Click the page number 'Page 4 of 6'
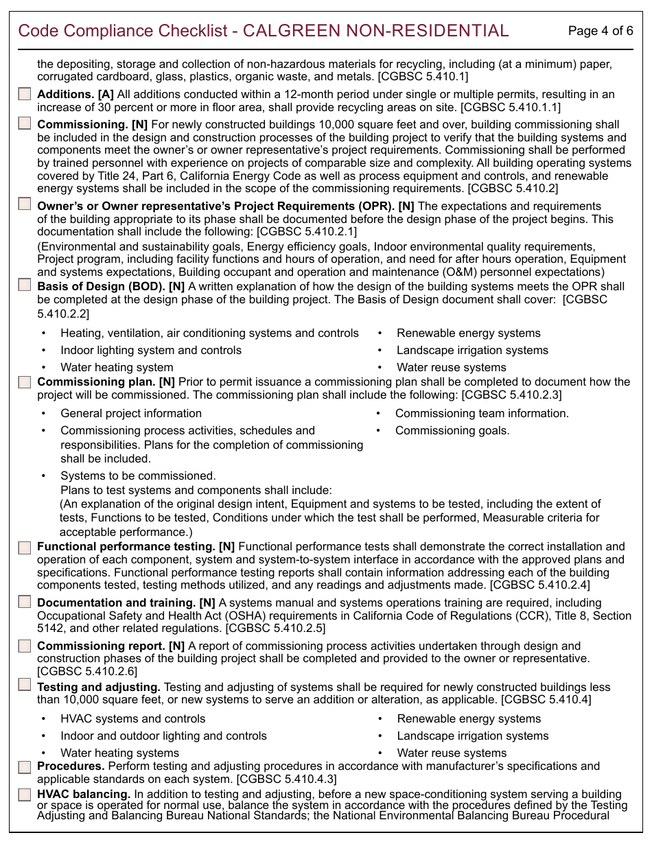click(x=601, y=31)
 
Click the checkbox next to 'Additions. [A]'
click(x=25, y=94)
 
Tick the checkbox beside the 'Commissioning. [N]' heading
click(x=25, y=124)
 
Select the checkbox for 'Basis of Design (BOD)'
click(x=25, y=285)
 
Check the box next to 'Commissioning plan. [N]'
click(x=25, y=382)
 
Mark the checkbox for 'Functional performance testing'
click(x=25, y=547)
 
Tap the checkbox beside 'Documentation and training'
click(x=25, y=602)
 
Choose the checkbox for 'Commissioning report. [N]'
click(x=25, y=646)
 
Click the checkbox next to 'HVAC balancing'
click(x=25, y=795)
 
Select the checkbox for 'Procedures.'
click(x=25, y=766)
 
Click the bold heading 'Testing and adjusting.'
click(x=99, y=688)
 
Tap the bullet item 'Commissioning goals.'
click(x=452, y=431)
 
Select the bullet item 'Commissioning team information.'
click(x=482, y=414)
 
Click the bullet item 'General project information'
click(x=131, y=414)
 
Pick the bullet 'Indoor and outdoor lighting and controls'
click(x=163, y=736)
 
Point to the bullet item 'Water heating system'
click(x=117, y=368)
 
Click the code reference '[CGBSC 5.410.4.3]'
click(x=286, y=779)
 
